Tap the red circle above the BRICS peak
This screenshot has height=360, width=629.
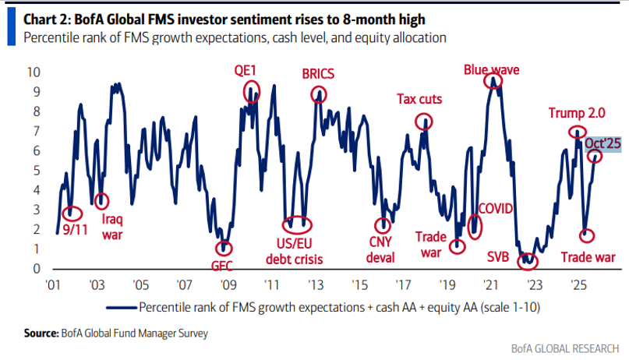(x=318, y=94)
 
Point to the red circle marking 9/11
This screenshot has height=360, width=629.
(x=72, y=212)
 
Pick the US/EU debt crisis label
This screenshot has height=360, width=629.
(x=295, y=251)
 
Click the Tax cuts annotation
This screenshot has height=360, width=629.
(x=419, y=99)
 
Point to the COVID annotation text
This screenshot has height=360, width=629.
(x=498, y=210)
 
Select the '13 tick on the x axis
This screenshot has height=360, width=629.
(x=315, y=284)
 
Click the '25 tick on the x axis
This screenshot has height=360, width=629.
(x=577, y=284)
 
